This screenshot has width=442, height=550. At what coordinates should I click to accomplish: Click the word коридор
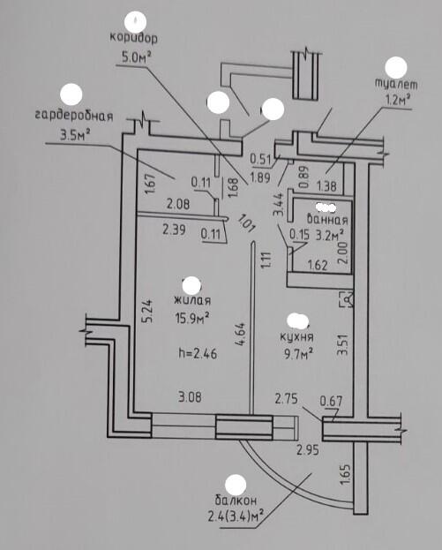pyautogui.click(x=133, y=38)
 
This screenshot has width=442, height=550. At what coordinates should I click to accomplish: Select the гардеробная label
pyautogui.click(x=74, y=116)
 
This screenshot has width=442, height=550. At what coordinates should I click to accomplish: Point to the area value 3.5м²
pyautogui.click(x=75, y=134)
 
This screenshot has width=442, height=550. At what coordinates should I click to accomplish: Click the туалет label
pyautogui.click(x=396, y=84)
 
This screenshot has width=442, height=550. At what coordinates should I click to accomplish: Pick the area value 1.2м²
pyautogui.click(x=398, y=100)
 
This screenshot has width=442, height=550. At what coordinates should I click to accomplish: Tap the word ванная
pyautogui.click(x=327, y=220)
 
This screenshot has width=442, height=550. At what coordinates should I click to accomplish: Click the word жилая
pyautogui.click(x=192, y=301)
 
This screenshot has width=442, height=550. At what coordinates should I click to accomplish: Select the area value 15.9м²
pyautogui.click(x=192, y=319)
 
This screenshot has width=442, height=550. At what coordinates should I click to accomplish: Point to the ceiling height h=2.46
pyautogui.click(x=198, y=353)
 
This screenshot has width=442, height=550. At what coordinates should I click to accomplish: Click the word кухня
pyautogui.click(x=297, y=337)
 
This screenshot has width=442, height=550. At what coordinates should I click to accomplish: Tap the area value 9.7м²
pyautogui.click(x=298, y=354)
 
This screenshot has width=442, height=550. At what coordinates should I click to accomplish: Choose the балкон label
pyautogui.click(x=236, y=500)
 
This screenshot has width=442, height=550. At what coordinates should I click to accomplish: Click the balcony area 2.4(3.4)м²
pyautogui.click(x=236, y=516)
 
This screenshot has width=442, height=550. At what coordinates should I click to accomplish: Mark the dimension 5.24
pyautogui.click(x=147, y=311)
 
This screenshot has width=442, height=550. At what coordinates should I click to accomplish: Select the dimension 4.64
pyautogui.click(x=241, y=335)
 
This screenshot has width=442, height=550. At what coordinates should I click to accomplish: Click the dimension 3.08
pyautogui.click(x=190, y=397)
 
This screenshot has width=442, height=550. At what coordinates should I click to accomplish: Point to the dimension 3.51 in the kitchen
pyautogui.click(x=342, y=345)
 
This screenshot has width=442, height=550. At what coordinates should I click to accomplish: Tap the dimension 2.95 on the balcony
pyautogui.click(x=308, y=449)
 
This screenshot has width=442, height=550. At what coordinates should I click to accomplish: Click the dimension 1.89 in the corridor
pyautogui.click(x=259, y=177)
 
